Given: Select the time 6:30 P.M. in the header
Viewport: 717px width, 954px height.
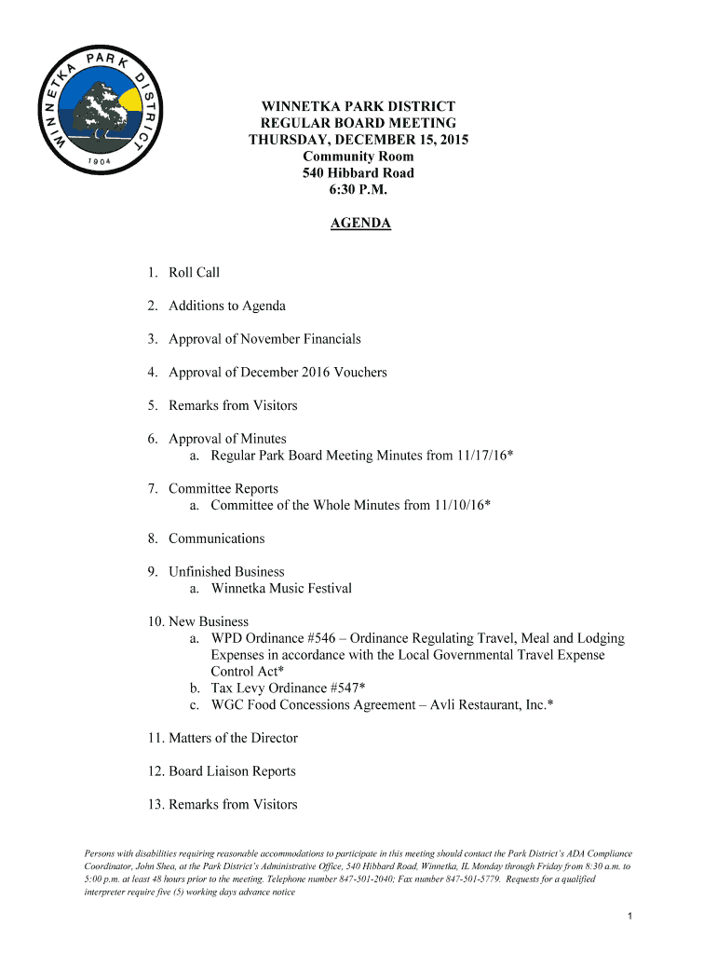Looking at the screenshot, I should point(358,190).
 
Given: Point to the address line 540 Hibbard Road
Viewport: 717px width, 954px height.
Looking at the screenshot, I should point(358,173).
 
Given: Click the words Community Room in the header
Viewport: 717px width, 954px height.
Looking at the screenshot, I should point(358,157).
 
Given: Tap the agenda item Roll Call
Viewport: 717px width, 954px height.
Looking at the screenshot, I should point(194,273).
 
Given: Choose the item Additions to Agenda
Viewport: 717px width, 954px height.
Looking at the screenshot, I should point(227,307).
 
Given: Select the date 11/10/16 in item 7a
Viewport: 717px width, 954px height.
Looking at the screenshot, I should point(459,506).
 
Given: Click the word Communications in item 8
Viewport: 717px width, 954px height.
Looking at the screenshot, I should point(217,538).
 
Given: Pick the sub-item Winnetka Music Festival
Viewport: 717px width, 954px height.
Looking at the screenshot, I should point(281,589).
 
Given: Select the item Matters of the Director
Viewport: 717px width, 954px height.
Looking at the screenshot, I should point(233,739).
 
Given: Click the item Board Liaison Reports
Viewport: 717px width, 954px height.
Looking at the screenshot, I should point(232,771).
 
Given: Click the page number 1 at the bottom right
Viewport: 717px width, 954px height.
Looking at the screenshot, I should point(630,918).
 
